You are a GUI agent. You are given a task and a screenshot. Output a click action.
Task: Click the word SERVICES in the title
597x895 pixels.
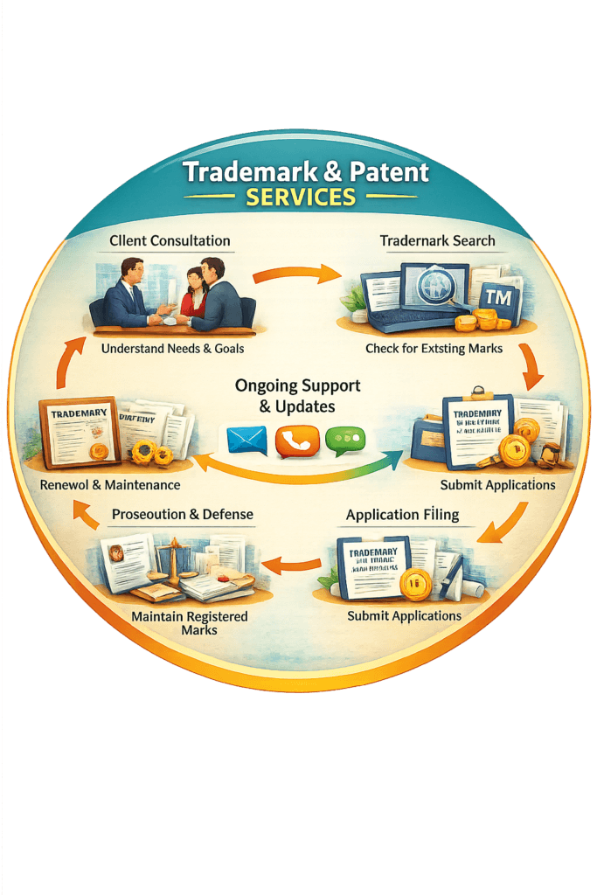click(301, 197)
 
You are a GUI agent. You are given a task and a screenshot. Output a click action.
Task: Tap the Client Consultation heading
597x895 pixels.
click(170, 240)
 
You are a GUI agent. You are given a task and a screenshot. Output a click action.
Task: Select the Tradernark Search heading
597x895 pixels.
click(437, 240)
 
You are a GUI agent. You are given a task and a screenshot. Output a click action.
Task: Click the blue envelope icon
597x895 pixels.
click(246, 440)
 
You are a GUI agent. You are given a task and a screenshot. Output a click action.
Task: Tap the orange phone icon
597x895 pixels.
click(297, 441)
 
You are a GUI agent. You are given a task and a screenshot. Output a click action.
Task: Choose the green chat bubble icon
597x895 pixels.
click(344, 440)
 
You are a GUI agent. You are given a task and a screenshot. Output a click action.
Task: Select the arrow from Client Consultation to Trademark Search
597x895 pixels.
click(296, 275)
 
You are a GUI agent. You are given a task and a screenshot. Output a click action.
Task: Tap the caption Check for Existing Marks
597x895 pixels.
click(434, 349)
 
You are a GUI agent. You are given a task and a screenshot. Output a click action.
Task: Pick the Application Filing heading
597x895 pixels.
click(402, 515)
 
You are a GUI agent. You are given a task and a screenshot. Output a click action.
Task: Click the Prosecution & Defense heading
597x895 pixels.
click(183, 515)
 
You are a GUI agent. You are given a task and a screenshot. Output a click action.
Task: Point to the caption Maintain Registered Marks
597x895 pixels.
click(189, 623)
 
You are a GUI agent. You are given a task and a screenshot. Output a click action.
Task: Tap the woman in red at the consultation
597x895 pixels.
click(194, 293)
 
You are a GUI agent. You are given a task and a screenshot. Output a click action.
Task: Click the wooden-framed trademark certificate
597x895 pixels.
click(78, 431)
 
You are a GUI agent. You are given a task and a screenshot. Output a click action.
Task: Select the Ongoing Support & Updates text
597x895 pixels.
click(297, 395)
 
